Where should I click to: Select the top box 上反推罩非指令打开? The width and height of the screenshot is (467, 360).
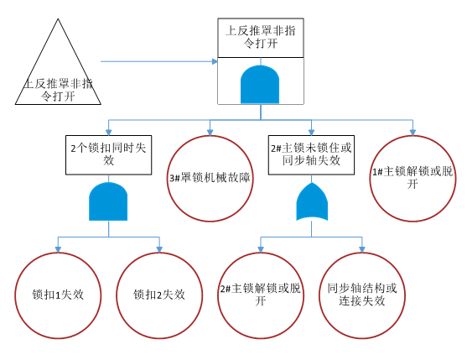(260, 38)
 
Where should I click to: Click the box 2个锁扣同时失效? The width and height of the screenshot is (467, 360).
(108, 154)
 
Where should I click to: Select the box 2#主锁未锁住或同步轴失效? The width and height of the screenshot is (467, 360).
(311, 154)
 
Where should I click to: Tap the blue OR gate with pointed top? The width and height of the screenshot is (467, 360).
(311, 201)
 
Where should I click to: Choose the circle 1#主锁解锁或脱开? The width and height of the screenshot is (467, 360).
(412, 178)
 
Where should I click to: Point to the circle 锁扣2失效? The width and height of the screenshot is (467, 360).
(158, 294)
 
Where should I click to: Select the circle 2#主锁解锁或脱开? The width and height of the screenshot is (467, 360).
(260, 295)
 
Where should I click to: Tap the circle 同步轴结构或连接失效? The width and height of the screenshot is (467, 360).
(362, 295)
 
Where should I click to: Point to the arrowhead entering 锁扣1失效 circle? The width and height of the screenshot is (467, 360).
(56, 248)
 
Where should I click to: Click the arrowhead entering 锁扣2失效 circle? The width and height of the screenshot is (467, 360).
(159, 248)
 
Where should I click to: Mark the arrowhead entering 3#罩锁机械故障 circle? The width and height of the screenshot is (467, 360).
(210, 132)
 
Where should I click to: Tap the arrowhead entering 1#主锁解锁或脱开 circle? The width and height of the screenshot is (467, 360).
(412, 132)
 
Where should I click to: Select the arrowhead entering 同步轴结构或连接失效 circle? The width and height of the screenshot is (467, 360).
(363, 248)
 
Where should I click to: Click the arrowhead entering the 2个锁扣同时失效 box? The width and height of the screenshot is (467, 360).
(108, 132)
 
